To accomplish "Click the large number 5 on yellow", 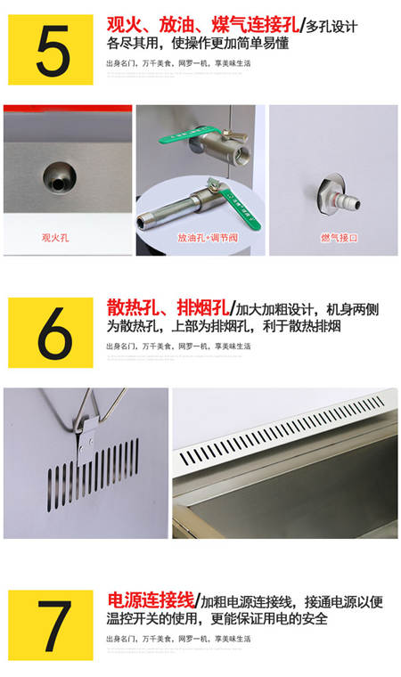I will coord(51,52).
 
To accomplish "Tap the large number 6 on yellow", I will coord(51,334).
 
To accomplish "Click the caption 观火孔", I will coord(55,238).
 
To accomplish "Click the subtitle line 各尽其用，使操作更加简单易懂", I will coord(197,44).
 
